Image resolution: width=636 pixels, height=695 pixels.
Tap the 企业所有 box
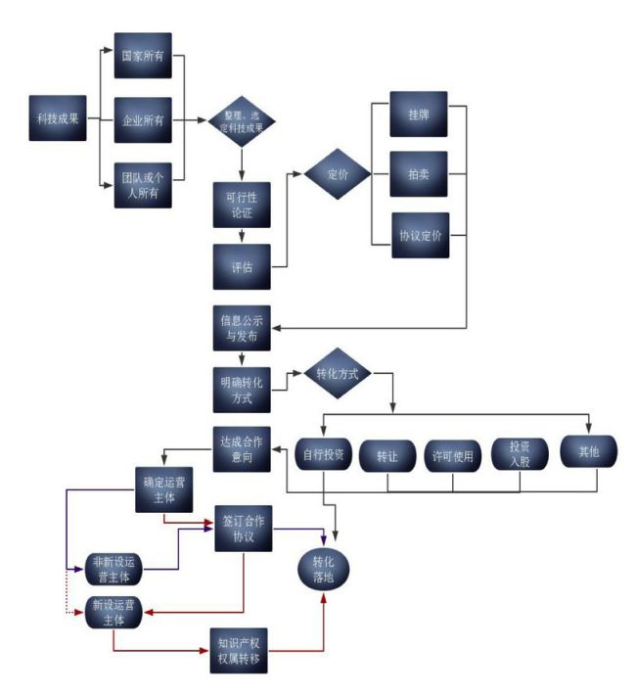point(143,120)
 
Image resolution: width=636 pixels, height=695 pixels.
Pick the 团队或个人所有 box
point(143,184)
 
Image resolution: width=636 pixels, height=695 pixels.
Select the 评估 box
point(242,266)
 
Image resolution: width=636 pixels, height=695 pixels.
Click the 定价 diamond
point(336,175)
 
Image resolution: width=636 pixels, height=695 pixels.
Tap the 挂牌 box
point(419,115)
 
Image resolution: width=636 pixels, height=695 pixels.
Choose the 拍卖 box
point(419,175)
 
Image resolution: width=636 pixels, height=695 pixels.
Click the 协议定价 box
point(419,235)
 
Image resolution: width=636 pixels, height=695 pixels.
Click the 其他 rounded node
point(587,453)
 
